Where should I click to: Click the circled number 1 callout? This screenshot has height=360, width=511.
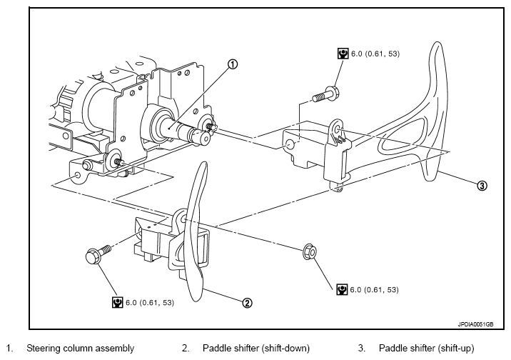(233, 64)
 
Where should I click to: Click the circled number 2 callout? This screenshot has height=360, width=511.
(247, 303)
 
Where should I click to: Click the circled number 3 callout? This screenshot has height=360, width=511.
(482, 186)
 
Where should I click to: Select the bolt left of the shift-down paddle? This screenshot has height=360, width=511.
(98, 254)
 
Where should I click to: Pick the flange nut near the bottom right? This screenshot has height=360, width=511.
(310, 251)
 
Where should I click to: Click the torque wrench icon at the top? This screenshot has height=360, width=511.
(343, 54)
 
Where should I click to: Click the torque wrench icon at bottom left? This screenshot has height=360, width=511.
(117, 302)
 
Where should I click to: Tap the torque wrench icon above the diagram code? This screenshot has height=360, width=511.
(342, 289)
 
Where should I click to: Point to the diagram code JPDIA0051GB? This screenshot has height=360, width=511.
(475, 324)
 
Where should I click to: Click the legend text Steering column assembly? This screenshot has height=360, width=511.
(80, 348)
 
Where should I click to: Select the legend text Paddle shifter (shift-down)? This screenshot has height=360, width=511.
(255, 348)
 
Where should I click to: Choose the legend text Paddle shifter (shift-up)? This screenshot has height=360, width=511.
(426, 348)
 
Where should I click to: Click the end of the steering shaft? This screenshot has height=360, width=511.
(205, 138)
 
